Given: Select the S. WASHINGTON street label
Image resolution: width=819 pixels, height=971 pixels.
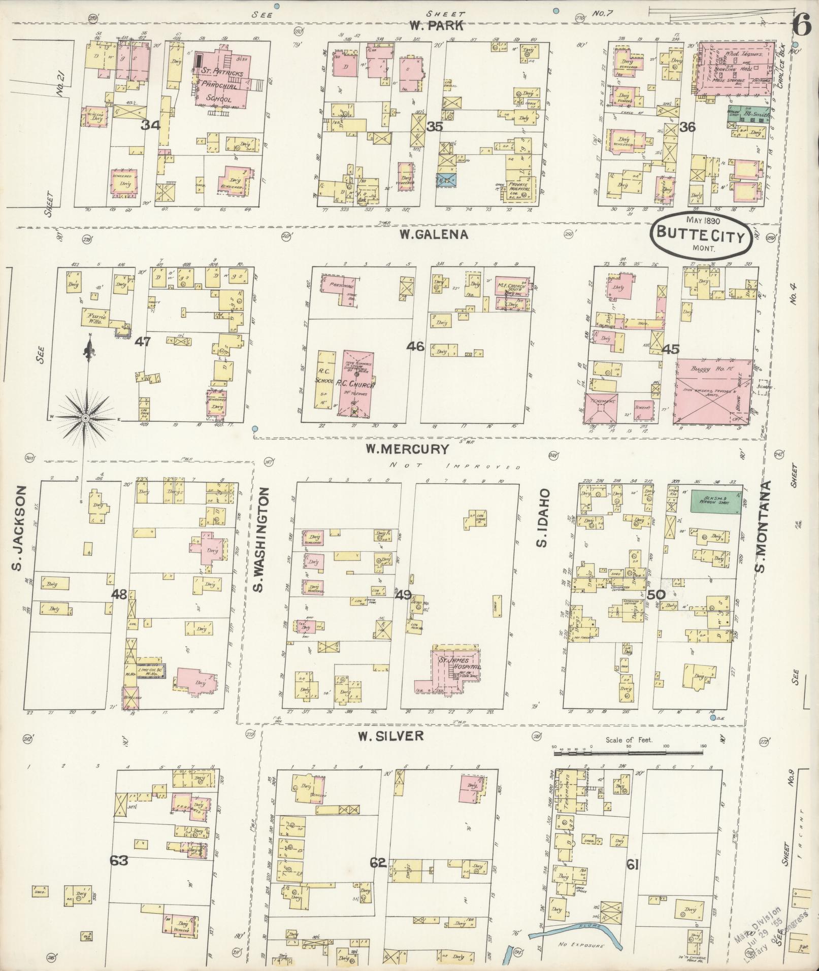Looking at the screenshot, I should click(x=258, y=540).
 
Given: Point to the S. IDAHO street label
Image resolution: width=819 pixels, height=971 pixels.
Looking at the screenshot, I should click(x=542, y=518).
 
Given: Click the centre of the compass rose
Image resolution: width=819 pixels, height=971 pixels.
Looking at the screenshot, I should click(x=86, y=417).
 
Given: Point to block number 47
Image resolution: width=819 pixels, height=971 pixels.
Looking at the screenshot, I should click(x=142, y=342).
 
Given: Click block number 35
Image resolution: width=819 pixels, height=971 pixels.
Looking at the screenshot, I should click(x=435, y=127).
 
